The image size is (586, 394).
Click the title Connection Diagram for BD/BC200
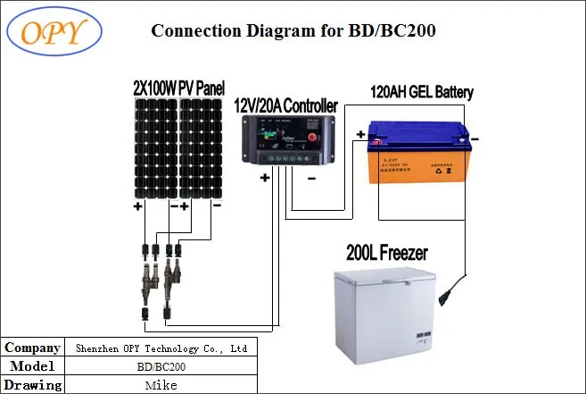(293, 30)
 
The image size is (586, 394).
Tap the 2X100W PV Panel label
(178, 88)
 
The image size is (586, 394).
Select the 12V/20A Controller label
(285, 106)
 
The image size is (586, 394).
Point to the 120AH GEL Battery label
(422, 92)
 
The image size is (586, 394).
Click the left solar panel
(155, 148)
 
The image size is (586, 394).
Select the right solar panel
(201, 148)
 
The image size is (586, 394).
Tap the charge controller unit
(285, 141)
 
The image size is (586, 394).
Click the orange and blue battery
(417, 153)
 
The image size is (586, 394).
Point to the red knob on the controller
(313, 136)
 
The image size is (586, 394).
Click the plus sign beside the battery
(359, 136)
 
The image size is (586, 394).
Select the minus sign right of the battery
(475, 138)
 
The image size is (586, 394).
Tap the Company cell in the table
(33, 348)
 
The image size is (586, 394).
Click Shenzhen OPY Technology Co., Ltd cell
(161, 348)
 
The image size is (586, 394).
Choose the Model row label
(33, 366)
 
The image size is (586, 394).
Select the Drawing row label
(33, 385)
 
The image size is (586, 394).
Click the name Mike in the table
(161, 385)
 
